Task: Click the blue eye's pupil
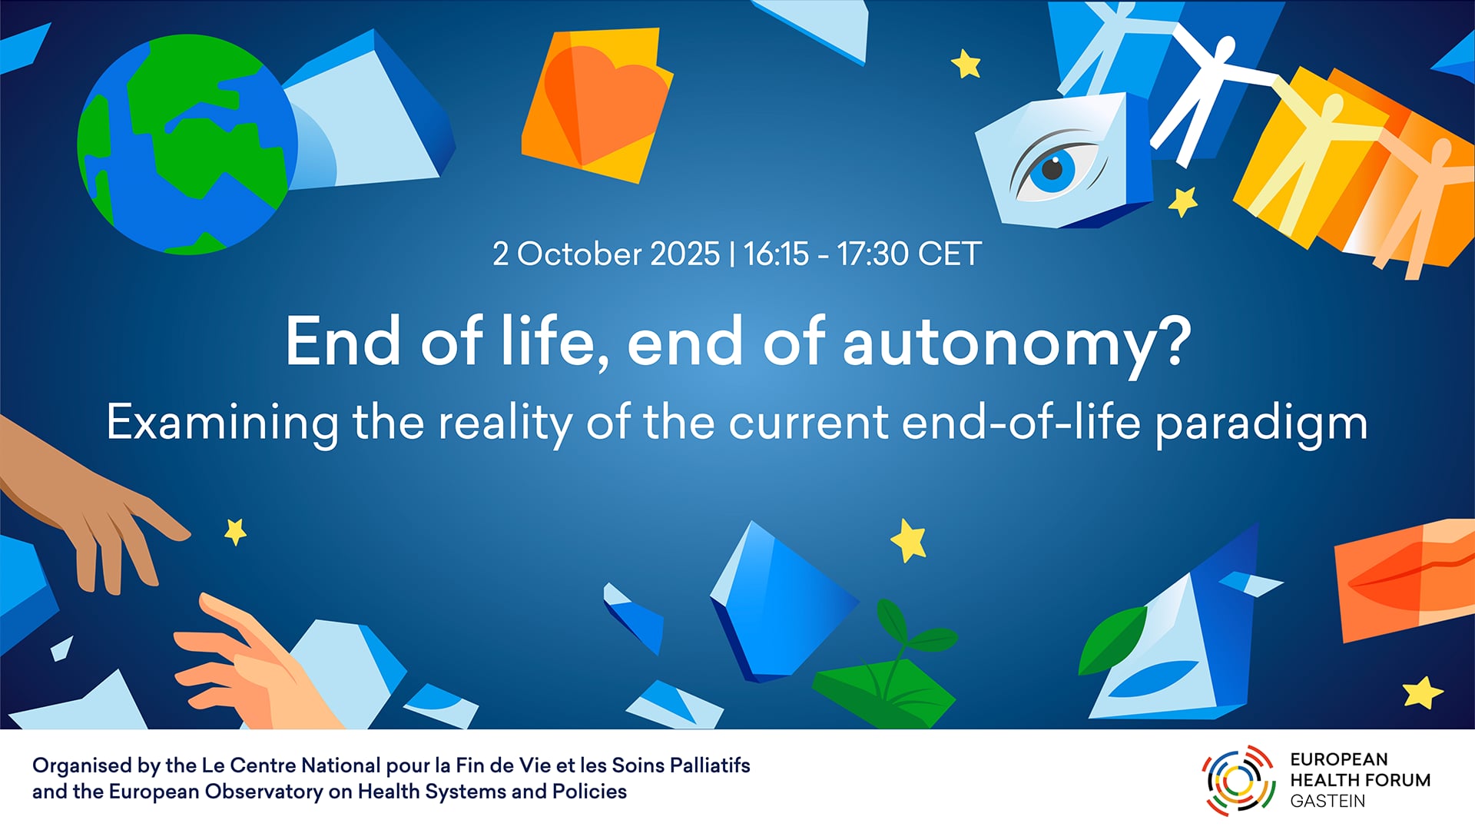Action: [x=1052, y=168]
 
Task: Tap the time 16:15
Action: [x=776, y=254]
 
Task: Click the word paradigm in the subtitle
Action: [x=1261, y=424]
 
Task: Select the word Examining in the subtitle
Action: [x=222, y=424]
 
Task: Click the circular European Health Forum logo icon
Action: [x=1238, y=780]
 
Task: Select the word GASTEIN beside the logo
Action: [x=1327, y=801]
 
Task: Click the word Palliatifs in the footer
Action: [x=710, y=765]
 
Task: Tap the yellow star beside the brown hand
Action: [x=235, y=531]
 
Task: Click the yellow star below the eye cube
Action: [x=1183, y=201]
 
